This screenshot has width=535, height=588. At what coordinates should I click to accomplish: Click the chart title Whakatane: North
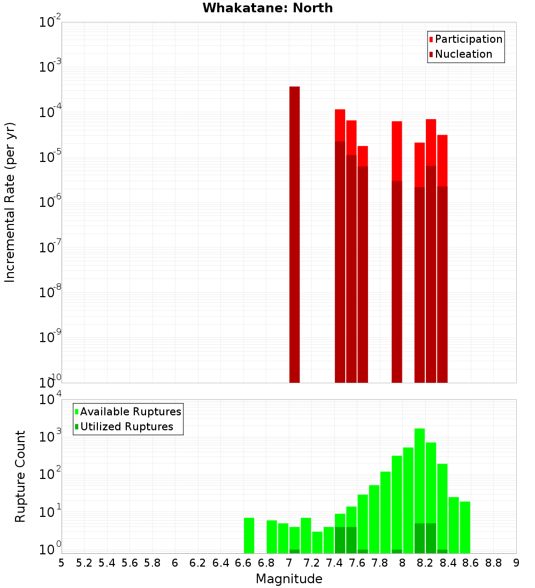[x=267, y=8]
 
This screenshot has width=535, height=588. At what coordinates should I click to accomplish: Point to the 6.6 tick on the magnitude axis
[x=243, y=562]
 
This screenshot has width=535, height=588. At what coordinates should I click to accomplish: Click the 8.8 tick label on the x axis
[x=493, y=562]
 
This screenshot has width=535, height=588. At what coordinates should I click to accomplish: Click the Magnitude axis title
[x=289, y=579]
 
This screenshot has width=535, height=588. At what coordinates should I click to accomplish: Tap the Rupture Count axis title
[x=20, y=476]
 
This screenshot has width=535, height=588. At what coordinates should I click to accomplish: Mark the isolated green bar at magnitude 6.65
[x=249, y=535]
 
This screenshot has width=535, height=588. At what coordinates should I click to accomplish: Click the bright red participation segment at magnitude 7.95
[x=396, y=151]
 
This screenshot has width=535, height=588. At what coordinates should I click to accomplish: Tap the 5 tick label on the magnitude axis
[x=62, y=562]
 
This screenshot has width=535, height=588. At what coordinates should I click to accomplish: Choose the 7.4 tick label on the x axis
[x=334, y=562]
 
